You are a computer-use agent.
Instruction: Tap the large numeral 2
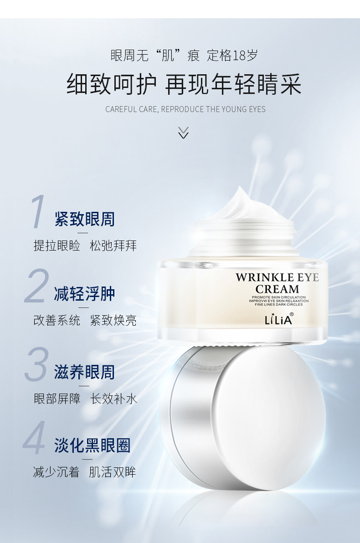tap(36, 286)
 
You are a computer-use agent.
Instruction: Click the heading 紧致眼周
tap(85, 219)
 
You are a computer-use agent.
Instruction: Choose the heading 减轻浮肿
tap(85, 294)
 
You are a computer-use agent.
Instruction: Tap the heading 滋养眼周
tap(85, 372)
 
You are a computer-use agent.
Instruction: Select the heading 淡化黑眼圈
tap(92, 446)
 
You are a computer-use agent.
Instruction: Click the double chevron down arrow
tap(183, 133)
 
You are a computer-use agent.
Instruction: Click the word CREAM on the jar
tap(277, 289)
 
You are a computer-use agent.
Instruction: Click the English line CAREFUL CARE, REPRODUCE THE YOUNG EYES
tap(185, 109)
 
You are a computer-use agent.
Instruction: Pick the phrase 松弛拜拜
tap(113, 246)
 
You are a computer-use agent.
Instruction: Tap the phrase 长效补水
tap(113, 399)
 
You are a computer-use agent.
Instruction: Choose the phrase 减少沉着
tap(56, 472)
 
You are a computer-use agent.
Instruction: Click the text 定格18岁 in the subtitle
tap(232, 56)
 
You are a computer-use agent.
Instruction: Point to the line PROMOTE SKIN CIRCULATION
tap(279, 297)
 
